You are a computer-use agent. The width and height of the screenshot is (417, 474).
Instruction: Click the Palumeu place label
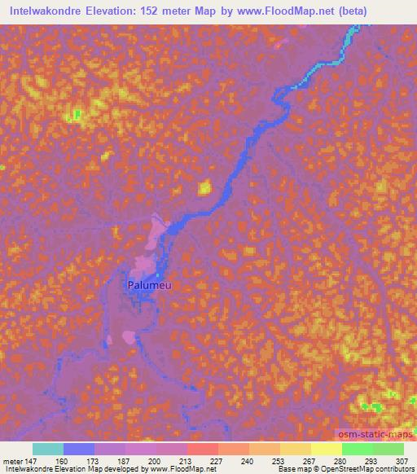[147, 286]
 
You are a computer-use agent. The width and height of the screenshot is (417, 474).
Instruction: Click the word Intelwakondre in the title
[46, 11]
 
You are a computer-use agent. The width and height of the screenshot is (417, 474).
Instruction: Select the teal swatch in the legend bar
[48, 449]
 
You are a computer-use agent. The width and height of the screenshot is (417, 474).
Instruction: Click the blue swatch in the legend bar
[79, 449]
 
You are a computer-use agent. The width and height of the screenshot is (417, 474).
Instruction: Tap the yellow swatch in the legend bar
[327, 449]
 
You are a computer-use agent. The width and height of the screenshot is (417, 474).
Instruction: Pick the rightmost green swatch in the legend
[388, 449]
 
